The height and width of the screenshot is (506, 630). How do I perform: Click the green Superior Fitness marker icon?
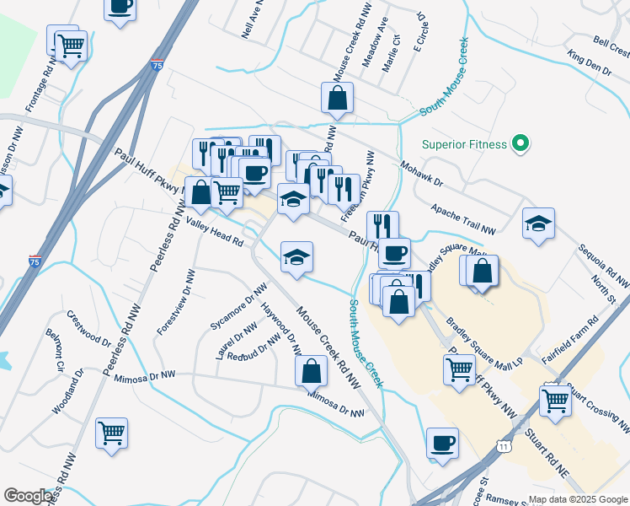coord(521,144)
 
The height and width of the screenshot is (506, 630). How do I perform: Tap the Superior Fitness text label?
coord(465,144)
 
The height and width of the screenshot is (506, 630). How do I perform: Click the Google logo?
coord(29,496)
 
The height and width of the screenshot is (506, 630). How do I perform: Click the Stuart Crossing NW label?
coord(599,406)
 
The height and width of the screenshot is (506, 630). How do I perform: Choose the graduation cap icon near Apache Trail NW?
coord(538,223)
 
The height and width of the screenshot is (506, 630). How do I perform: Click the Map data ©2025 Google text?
coord(578,498)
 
